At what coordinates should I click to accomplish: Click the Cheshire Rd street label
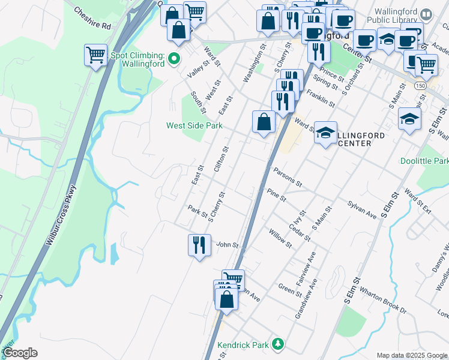click(92, 19)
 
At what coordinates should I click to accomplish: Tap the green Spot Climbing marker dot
click(174, 59)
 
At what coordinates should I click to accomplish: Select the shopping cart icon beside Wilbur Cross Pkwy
click(95, 55)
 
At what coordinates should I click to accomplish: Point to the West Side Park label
click(194, 125)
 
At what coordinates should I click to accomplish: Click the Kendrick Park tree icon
click(277, 344)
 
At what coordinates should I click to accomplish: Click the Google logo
click(19, 353)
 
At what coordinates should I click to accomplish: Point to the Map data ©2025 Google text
click(412, 355)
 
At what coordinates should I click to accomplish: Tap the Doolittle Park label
click(424, 161)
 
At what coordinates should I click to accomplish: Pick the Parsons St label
click(287, 173)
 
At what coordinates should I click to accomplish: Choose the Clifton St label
click(221, 159)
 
